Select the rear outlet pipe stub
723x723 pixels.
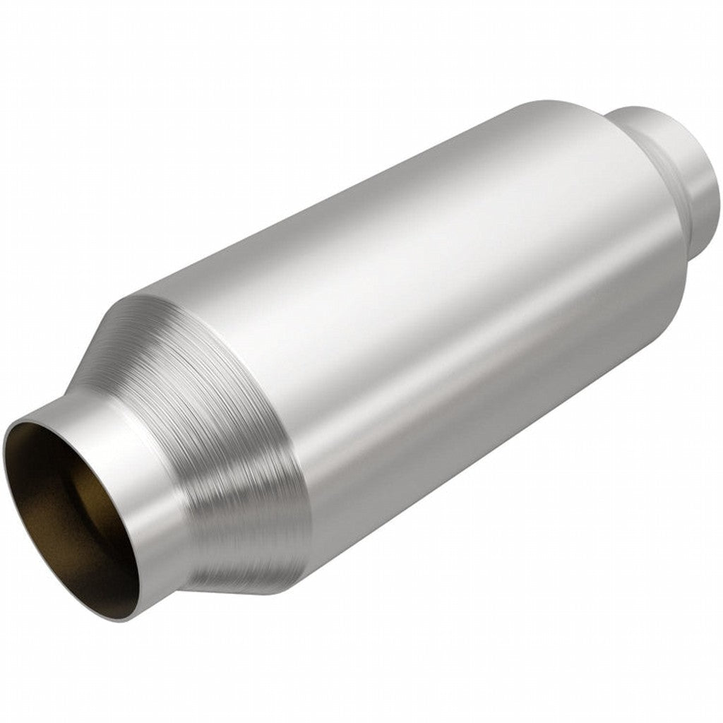tap(678, 177)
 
